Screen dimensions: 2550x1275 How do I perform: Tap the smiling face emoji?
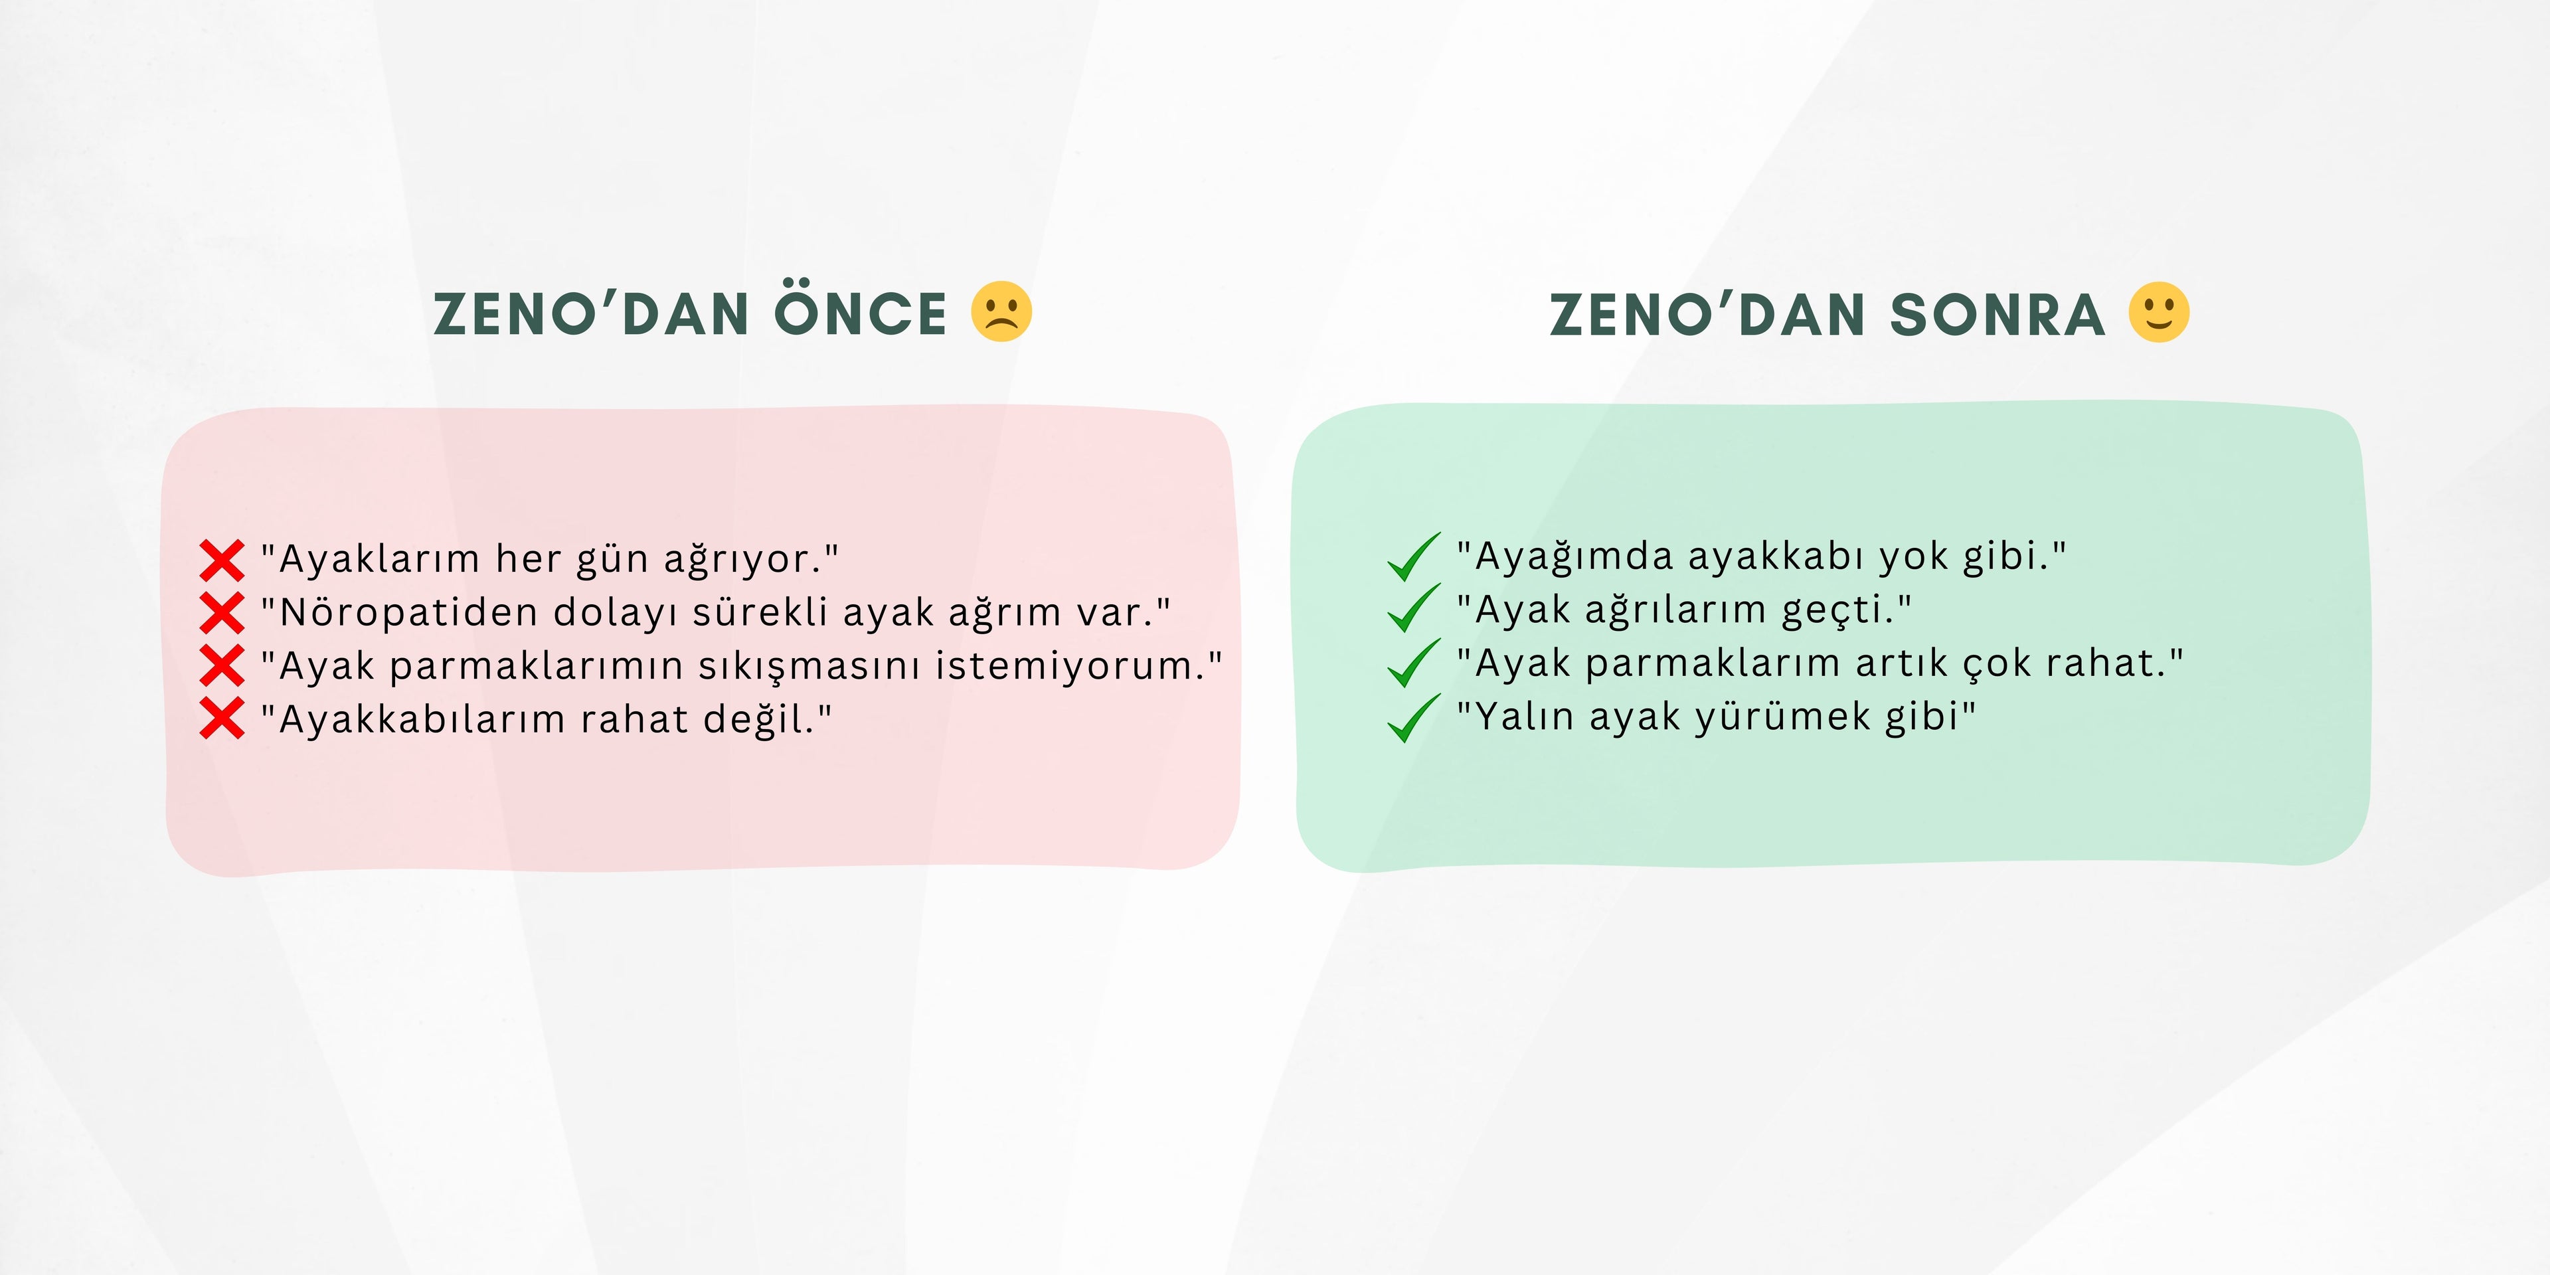[x=2159, y=312]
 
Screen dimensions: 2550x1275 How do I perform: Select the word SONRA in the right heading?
[x=1997, y=315]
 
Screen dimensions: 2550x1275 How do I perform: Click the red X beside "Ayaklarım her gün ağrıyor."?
[x=222, y=560]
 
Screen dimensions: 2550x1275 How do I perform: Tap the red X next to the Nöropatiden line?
[x=222, y=613]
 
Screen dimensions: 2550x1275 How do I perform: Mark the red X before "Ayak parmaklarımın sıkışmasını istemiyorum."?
[x=222, y=665]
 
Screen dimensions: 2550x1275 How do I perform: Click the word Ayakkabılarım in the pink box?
[x=423, y=719]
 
